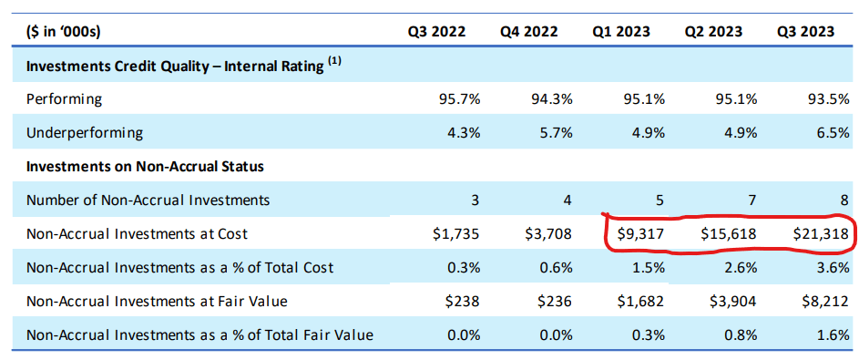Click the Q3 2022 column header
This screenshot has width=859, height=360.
[x=436, y=32]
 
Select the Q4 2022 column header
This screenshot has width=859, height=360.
[x=528, y=32]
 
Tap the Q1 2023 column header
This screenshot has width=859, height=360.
[x=621, y=32]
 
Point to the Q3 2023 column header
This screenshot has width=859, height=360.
[x=805, y=32]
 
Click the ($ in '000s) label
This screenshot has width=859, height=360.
[x=63, y=32]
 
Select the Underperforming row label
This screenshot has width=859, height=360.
[x=85, y=132]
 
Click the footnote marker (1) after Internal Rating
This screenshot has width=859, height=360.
[x=334, y=62]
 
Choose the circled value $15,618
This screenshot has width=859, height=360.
[x=728, y=233]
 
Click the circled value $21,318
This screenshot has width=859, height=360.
[x=821, y=233]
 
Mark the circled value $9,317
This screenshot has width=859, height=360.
[x=640, y=233]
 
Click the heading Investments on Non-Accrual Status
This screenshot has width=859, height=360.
[x=146, y=166]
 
